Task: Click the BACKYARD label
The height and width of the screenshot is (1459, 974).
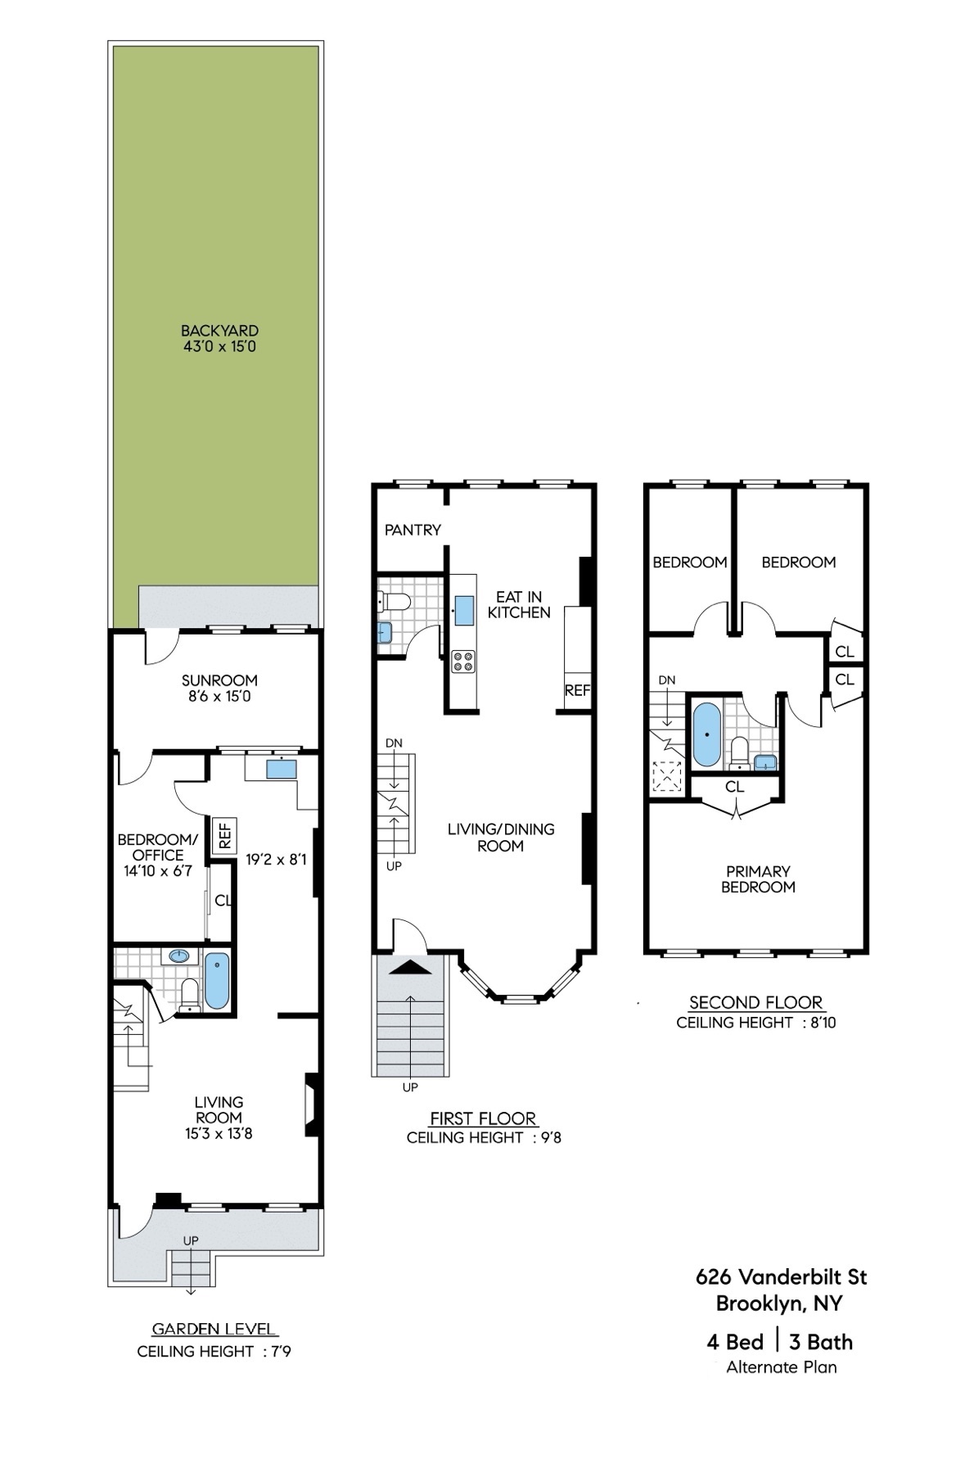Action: click(x=219, y=331)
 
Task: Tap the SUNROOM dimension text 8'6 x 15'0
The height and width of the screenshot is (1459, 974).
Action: click(x=219, y=697)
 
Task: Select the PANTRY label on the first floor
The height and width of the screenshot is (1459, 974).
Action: click(x=413, y=530)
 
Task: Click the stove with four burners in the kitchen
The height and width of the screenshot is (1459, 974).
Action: click(x=463, y=662)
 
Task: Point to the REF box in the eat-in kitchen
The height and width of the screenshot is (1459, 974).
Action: click(x=576, y=690)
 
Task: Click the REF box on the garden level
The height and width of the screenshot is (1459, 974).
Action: click(x=224, y=835)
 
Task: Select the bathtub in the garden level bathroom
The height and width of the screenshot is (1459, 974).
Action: click(x=217, y=981)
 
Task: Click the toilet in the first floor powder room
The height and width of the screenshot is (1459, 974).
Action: click(x=397, y=603)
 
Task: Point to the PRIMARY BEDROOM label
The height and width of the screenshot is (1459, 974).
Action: click(x=758, y=879)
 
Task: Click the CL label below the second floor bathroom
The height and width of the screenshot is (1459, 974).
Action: click(x=734, y=787)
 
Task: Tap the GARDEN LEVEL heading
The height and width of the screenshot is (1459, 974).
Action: click(x=214, y=1330)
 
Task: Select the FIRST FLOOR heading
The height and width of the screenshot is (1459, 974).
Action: click(x=483, y=1118)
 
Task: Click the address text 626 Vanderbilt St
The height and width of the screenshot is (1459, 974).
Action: click(x=781, y=1276)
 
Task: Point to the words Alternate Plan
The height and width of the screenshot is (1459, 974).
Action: click(x=781, y=1366)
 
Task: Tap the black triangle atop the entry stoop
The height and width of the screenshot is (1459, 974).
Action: click(x=412, y=967)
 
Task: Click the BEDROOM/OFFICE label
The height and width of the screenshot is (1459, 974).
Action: click(x=157, y=847)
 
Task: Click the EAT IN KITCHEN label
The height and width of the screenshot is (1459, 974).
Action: click(x=519, y=604)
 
